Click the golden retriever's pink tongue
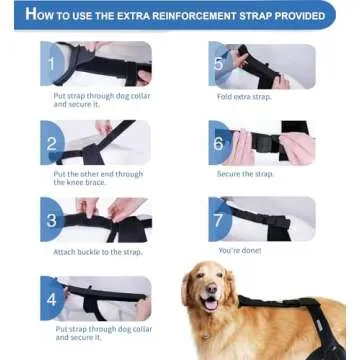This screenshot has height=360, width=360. tap(209, 305)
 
